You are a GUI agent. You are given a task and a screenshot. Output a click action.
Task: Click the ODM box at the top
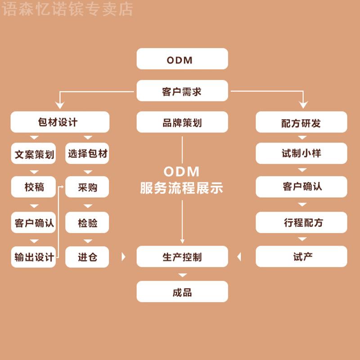click(x=182, y=59)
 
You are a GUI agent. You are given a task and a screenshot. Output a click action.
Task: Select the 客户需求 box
click(x=182, y=91)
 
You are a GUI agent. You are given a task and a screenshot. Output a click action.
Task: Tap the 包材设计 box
click(x=60, y=122)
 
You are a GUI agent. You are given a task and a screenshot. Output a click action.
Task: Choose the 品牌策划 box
click(x=182, y=122)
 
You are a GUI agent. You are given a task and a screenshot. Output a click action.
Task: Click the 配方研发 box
click(x=301, y=122)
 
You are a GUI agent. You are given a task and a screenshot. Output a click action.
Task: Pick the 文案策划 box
click(x=34, y=154)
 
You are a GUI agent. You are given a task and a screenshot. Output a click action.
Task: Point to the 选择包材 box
click(x=87, y=154)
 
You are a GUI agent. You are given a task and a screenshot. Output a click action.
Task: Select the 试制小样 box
click(x=301, y=153)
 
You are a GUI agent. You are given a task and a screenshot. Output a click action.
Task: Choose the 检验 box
click(x=87, y=222)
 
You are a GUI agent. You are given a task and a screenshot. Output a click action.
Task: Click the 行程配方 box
click(x=301, y=222)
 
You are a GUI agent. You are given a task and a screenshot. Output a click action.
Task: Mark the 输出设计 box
click(x=34, y=257)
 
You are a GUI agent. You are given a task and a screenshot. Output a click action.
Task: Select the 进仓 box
click(x=87, y=257)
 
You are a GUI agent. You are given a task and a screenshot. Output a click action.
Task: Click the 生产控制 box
click(x=182, y=257)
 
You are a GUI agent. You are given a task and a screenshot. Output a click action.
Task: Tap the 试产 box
click(x=301, y=257)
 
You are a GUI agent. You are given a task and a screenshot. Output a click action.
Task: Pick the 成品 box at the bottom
click(x=182, y=292)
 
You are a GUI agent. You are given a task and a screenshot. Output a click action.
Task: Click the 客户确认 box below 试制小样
click(x=301, y=187)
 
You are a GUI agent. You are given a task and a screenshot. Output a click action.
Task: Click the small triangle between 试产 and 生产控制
click(x=239, y=257)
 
